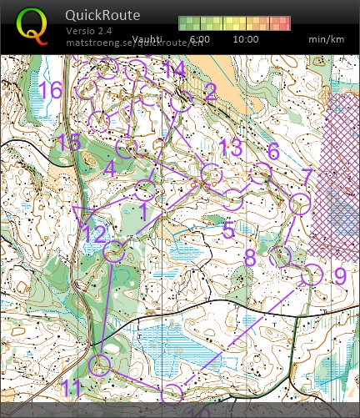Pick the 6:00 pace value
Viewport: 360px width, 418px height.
(200, 39)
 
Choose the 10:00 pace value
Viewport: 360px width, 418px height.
(246, 39)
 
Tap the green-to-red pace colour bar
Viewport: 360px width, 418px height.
(234, 23)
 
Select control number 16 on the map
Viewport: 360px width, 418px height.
(50, 89)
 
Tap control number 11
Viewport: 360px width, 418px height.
(72, 387)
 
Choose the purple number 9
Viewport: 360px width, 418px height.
(339, 274)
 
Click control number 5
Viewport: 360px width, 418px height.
(228, 231)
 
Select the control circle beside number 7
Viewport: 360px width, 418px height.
(299, 203)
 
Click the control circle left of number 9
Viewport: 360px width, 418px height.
(312, 274)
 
